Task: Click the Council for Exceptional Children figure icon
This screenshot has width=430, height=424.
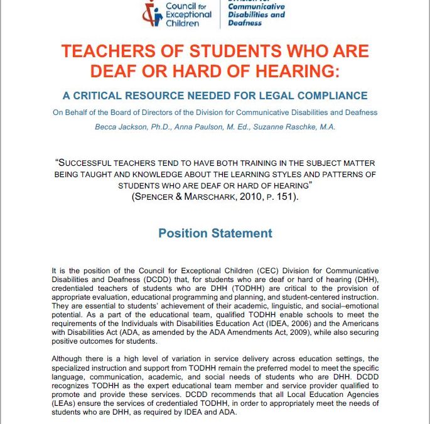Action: [x=151, y=13]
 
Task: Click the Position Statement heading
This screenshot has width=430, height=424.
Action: [x=215, y=233]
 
